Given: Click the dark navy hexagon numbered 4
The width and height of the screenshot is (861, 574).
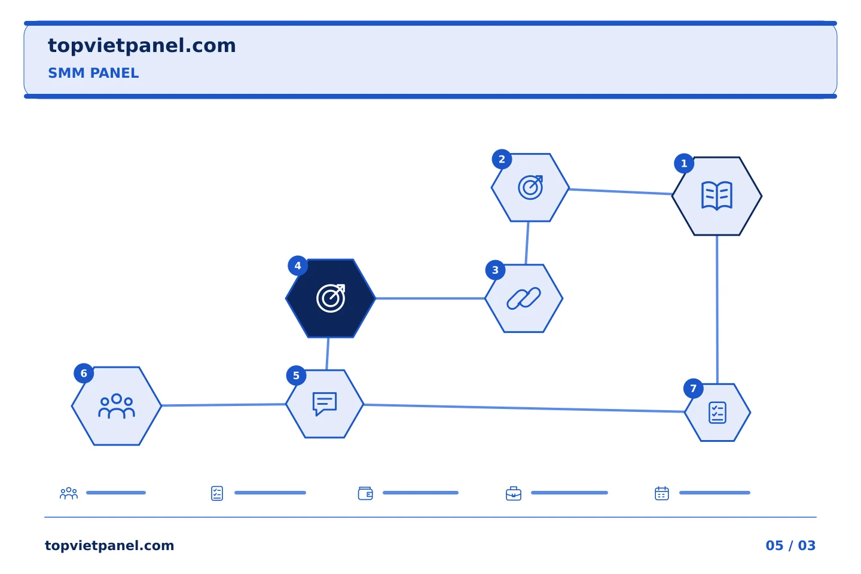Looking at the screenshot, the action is click(331, 298).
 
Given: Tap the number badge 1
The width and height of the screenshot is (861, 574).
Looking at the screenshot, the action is click(684, 163).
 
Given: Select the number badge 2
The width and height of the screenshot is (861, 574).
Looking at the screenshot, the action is click(502, 159).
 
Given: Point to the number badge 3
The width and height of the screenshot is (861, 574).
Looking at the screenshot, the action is click(495, 270).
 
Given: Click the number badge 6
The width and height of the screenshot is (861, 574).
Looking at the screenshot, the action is click(84, 373).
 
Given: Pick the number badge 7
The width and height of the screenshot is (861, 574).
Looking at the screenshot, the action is click(693, 389).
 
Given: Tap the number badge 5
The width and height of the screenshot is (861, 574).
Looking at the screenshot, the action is click(296, 375).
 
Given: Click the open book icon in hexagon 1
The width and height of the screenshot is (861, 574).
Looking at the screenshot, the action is click(717, 196).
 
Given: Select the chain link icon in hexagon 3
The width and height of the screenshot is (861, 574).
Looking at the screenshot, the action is click(524, 298).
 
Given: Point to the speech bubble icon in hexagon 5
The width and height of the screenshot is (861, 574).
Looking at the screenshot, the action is click(325, 404).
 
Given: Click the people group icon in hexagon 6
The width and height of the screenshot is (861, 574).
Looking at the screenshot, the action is click(117, 406).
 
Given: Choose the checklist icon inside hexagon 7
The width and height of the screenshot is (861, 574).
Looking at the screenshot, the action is click(717, 413).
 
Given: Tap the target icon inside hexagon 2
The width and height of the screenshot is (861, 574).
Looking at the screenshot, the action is click(530, 188).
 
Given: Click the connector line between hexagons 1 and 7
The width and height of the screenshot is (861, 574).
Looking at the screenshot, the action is click(717, 310).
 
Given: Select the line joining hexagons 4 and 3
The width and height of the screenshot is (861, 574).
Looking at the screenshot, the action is click(430, 298).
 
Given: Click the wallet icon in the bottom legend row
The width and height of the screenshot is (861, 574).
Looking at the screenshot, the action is click(365, 493).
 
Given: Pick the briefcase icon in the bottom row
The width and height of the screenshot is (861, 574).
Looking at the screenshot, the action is click(514, 493).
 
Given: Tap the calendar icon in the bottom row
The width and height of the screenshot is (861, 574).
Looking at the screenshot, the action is click(661, 493).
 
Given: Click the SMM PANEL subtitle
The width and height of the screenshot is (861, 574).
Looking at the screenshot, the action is click(93, 73).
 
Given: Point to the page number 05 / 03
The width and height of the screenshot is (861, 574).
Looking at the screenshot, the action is click(790, 545).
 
